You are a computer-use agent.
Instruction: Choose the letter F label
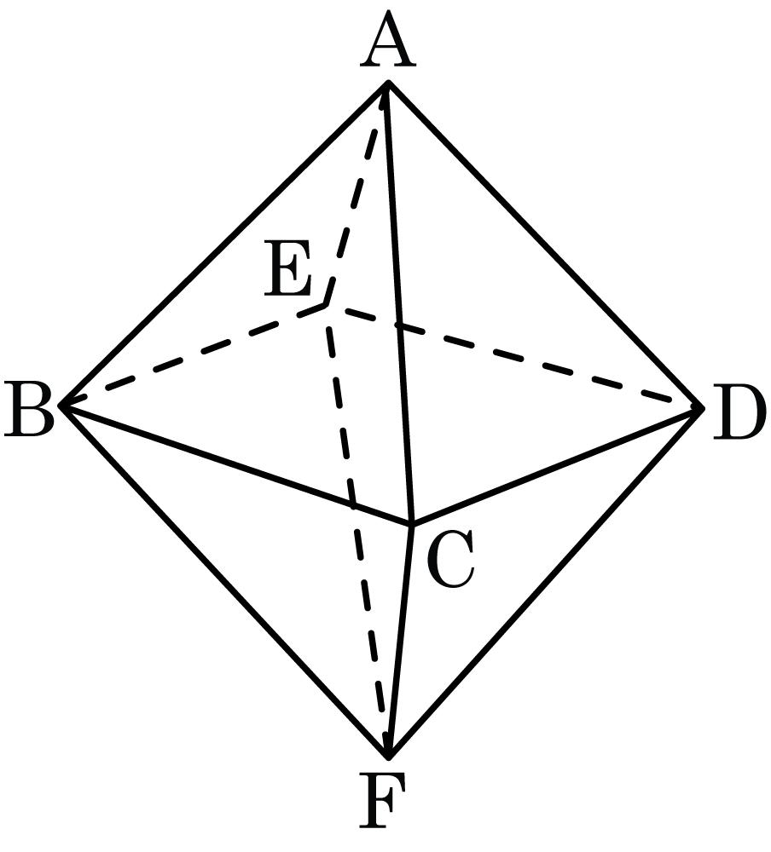(382, 802)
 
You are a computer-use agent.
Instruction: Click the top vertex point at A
(388, 83)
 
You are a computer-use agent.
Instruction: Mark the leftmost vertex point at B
(61, 406)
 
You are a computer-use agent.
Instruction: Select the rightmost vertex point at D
(703, 407)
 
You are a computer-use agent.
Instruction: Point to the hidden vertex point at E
(326, 306)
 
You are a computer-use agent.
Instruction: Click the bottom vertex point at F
(388, 757)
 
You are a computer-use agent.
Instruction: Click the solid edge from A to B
(224, 244)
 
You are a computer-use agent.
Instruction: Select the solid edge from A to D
(545, 245)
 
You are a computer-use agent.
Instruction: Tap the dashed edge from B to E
(193, 356)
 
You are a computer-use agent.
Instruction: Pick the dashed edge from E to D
(514, 356)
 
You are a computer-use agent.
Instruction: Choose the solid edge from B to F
(224, 581)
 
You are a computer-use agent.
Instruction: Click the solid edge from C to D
(557, 466)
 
